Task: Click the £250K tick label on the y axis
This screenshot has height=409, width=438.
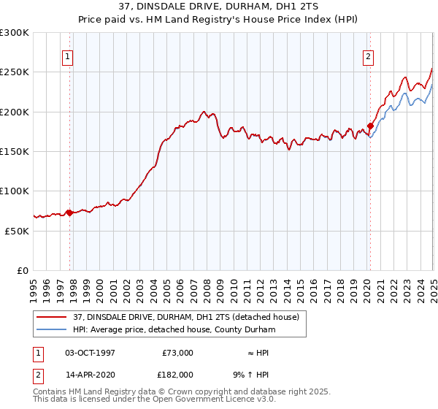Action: [15, 72]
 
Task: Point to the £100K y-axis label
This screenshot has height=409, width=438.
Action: [15, 191]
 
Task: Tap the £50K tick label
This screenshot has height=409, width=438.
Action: [17, 230]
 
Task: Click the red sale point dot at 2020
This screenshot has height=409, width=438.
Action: [370, 126]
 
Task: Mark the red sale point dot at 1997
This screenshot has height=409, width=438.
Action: [69, 213]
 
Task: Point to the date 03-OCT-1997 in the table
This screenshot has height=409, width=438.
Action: [89, 353]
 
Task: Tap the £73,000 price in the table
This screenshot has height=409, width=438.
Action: [177, 353]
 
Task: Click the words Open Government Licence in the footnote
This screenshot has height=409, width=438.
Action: [220, 401]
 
